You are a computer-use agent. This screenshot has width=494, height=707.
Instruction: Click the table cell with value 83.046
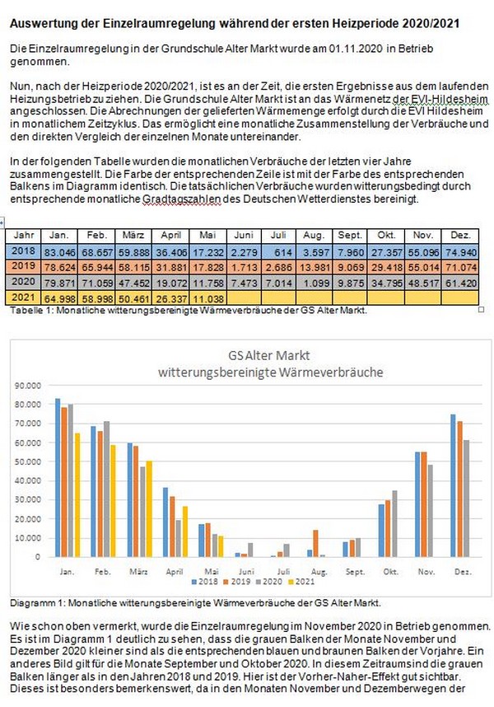click(x=59, y=251)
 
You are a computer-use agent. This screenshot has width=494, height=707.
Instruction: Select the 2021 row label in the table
click(x=23, y=297)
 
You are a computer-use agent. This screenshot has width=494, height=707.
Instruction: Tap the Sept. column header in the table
click(x=350, y=236)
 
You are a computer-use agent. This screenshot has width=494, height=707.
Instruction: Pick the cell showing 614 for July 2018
click(x=278, y=251)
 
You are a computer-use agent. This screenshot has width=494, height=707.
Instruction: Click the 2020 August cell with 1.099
click(x=314, y=283)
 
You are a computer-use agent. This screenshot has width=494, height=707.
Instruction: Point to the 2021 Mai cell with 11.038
click(x=208, y=297)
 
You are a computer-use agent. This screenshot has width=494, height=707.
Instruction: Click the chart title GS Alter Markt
click(x=269, y=355)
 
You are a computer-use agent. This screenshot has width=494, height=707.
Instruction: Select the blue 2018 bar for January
click(x=58, y=477)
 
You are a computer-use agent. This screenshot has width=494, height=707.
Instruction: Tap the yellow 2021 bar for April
click(x=184, y=531)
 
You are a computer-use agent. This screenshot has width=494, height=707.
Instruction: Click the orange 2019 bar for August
click(x=315, y=543)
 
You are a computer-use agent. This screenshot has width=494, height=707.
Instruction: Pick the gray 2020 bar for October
click(x=395, y=523)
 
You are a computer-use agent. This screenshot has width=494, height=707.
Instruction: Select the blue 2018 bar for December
click(x=453, y=485)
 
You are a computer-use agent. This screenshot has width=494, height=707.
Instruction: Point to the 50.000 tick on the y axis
click(x=28, y=461)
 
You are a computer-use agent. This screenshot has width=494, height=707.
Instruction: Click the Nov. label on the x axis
click(x=426, y=571)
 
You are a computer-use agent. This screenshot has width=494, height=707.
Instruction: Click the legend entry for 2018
click(x=205, y=582)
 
